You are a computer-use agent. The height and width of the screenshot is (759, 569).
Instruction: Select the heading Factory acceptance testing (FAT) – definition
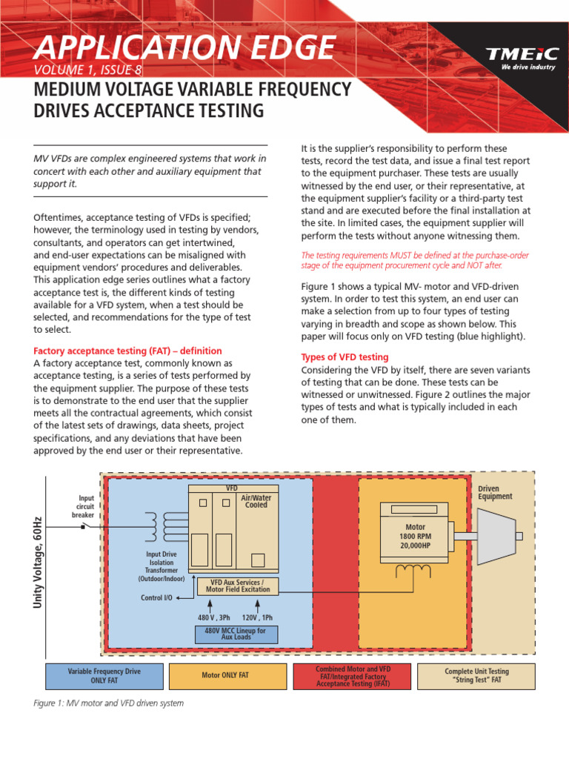pyautogui.click(x=127, y=351)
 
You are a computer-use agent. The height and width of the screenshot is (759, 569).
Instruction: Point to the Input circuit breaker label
pyautogui.click(x=84, y=506)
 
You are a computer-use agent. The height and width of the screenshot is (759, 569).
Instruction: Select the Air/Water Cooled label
pyautogui.click(x=256, y=502)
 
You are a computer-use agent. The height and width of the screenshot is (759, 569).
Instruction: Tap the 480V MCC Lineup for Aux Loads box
pyautogui.click(x=236, y=634)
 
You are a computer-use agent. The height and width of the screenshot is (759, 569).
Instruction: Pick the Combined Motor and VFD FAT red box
pyautogui.click(x=353, y=675)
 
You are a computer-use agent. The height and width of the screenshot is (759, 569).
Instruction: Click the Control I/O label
pyautogui.click(x=156, y=597)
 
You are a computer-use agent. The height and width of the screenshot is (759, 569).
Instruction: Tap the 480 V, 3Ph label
pyautogui.click(x=214, y=617)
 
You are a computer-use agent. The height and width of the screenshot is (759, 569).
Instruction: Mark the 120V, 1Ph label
pyautogui.click(x=257, y=617)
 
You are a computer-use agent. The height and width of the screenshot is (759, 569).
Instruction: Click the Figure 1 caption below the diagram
pyautogui.click(x=109, y=703)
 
